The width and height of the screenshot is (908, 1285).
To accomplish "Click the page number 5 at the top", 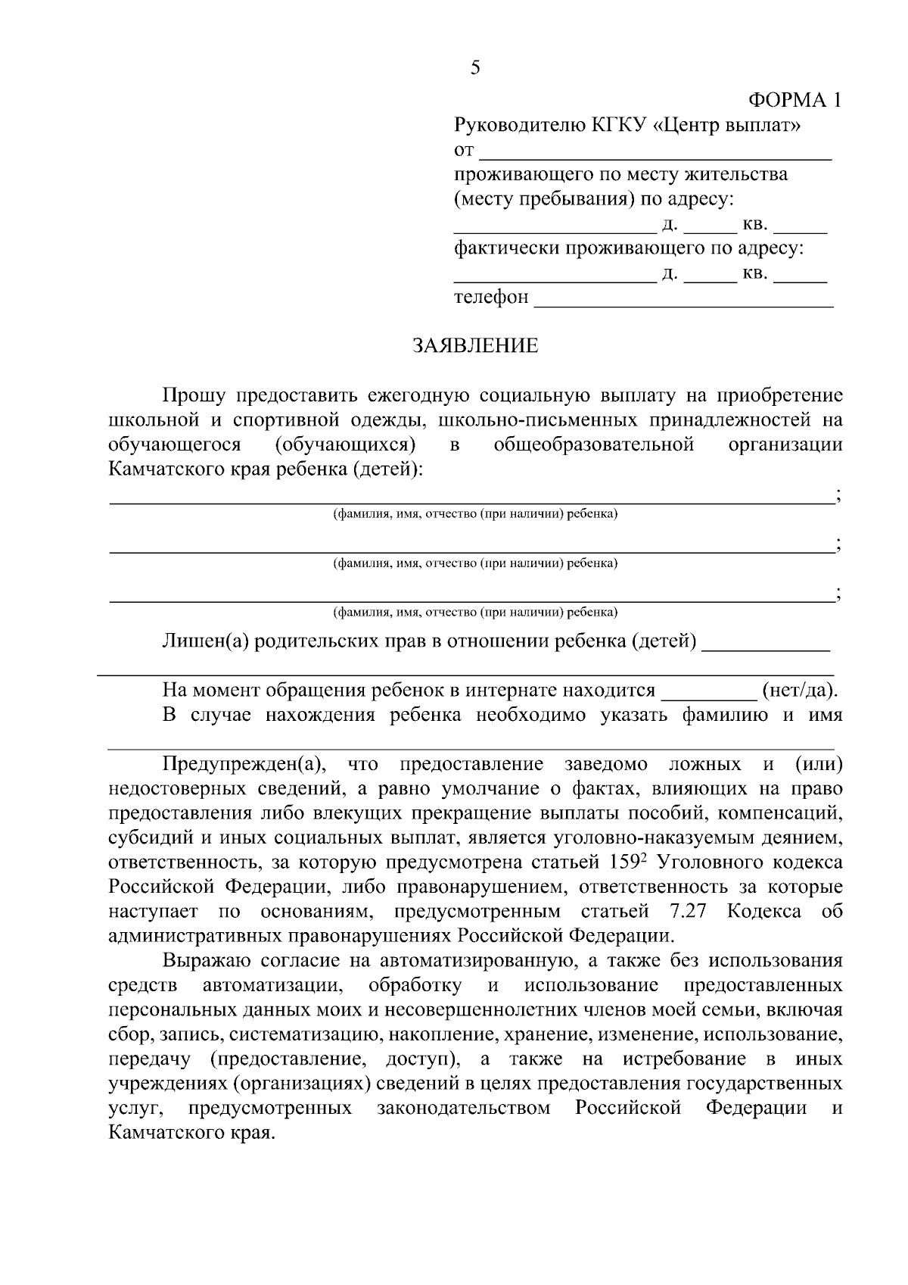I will [474, 68].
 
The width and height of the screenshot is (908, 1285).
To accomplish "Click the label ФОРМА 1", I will [794, 100].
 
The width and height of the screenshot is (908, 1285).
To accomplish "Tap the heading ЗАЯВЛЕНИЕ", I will [475, 346].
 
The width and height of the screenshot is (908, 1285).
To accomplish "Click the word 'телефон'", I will [490, 298].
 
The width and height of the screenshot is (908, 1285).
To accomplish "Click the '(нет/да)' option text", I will [800, 690].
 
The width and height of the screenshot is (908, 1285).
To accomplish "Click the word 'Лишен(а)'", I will [205, 641].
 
